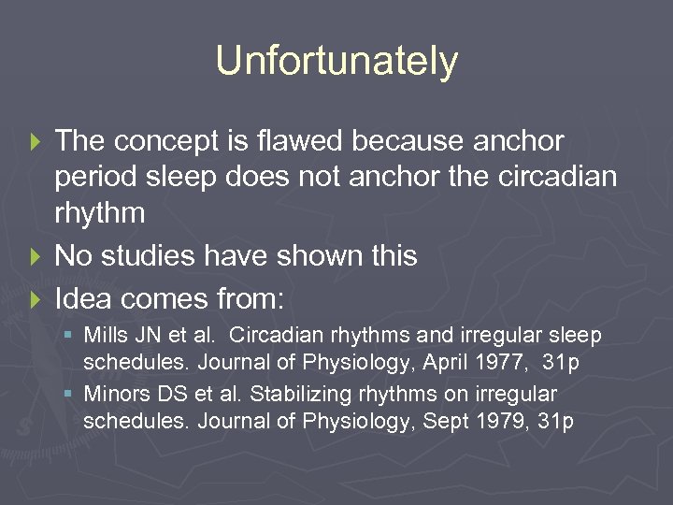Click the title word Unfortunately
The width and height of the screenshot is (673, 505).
(336, 62)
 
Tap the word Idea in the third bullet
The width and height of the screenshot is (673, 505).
(84, 298)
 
